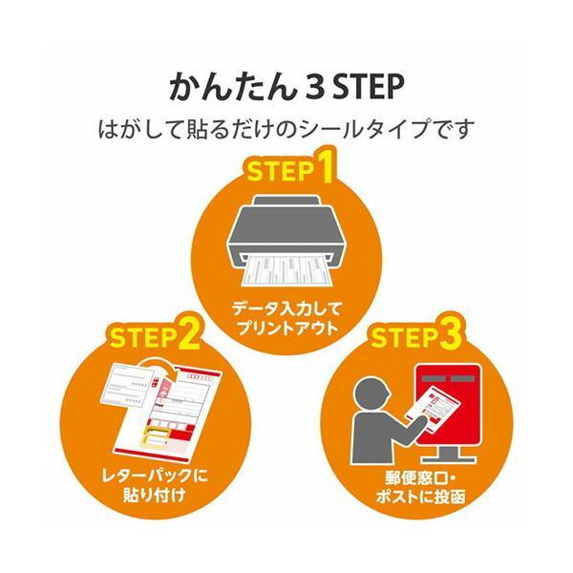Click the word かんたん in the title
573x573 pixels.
click(232, 87)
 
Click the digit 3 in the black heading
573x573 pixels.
click(314, 87)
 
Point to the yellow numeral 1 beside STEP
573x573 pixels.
click(324, 166)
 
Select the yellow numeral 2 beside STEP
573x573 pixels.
click(189, 333)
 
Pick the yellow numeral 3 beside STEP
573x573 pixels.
click(450, 333)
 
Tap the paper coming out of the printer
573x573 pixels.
click(286, 272)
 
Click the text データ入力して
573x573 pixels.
click(286, 308)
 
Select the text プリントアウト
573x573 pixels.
click(286, 328)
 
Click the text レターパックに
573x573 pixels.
click(156, 476)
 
